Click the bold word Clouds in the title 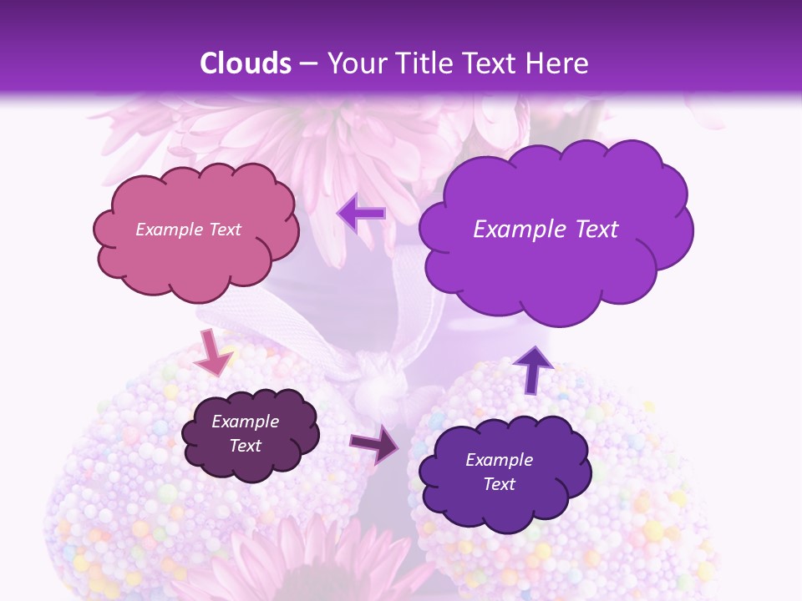(x=246, y=63)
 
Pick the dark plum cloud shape (x=250, y=435)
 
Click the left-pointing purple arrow (x=362, y=214)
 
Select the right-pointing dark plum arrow (x=375, y=443)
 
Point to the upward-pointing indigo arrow (x=534, y=368)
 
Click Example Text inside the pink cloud (x=188, y=230)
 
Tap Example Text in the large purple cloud (x=546, y=230)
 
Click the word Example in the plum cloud (x=246, y=422)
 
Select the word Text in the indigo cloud (x=500, y=484)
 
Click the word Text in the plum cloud (x=246, y=446)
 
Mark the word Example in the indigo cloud (x=500, y=460)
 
